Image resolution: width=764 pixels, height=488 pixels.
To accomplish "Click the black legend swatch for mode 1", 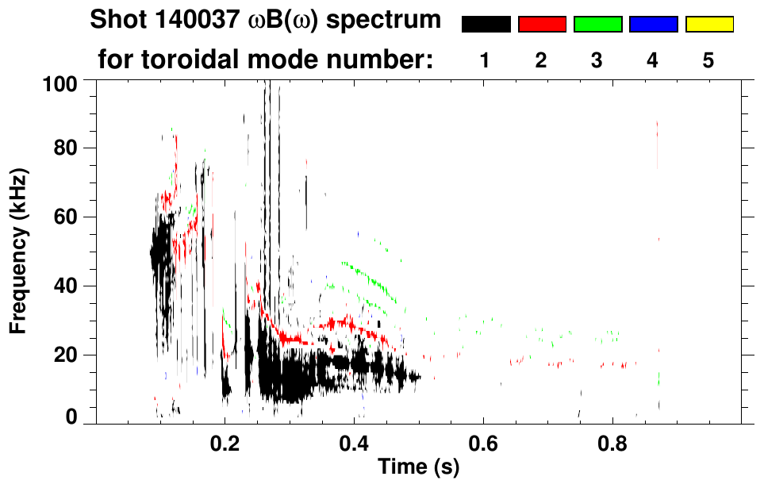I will [486, 25].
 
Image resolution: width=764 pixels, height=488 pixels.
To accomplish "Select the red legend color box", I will [542, 25].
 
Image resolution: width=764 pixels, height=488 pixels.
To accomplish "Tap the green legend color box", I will [597, 25].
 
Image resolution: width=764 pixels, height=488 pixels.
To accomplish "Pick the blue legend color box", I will [653, 25].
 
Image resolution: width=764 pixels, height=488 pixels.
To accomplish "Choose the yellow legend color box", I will [708, 25].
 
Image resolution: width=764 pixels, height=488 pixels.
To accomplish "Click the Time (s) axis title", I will [418, 467].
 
